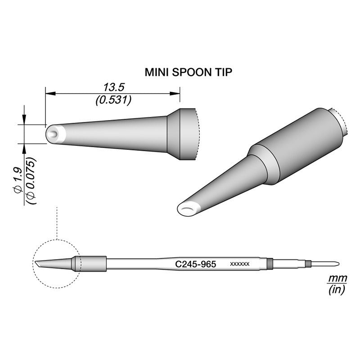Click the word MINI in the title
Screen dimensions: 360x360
(x=157, y=72)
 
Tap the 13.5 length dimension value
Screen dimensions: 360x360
(x=114, y=87)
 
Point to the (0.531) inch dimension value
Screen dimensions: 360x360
(x=114, y=100)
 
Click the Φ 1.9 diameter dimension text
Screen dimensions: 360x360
(x=18, y=180)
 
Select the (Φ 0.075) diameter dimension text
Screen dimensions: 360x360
(x=31, y=181)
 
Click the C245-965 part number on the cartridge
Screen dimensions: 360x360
(x=195, y=264)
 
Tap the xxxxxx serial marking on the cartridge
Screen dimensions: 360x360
(x=240, y=264)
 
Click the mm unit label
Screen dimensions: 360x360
(x=337, y=279)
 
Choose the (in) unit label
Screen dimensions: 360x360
(x=337, y=290)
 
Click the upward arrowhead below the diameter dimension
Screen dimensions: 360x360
(x=24, y=149)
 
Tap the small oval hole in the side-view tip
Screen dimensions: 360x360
(x=54, y=134)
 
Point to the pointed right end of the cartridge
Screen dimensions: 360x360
(x=338, y=264)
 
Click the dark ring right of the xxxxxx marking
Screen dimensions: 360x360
(x=270, y=264)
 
